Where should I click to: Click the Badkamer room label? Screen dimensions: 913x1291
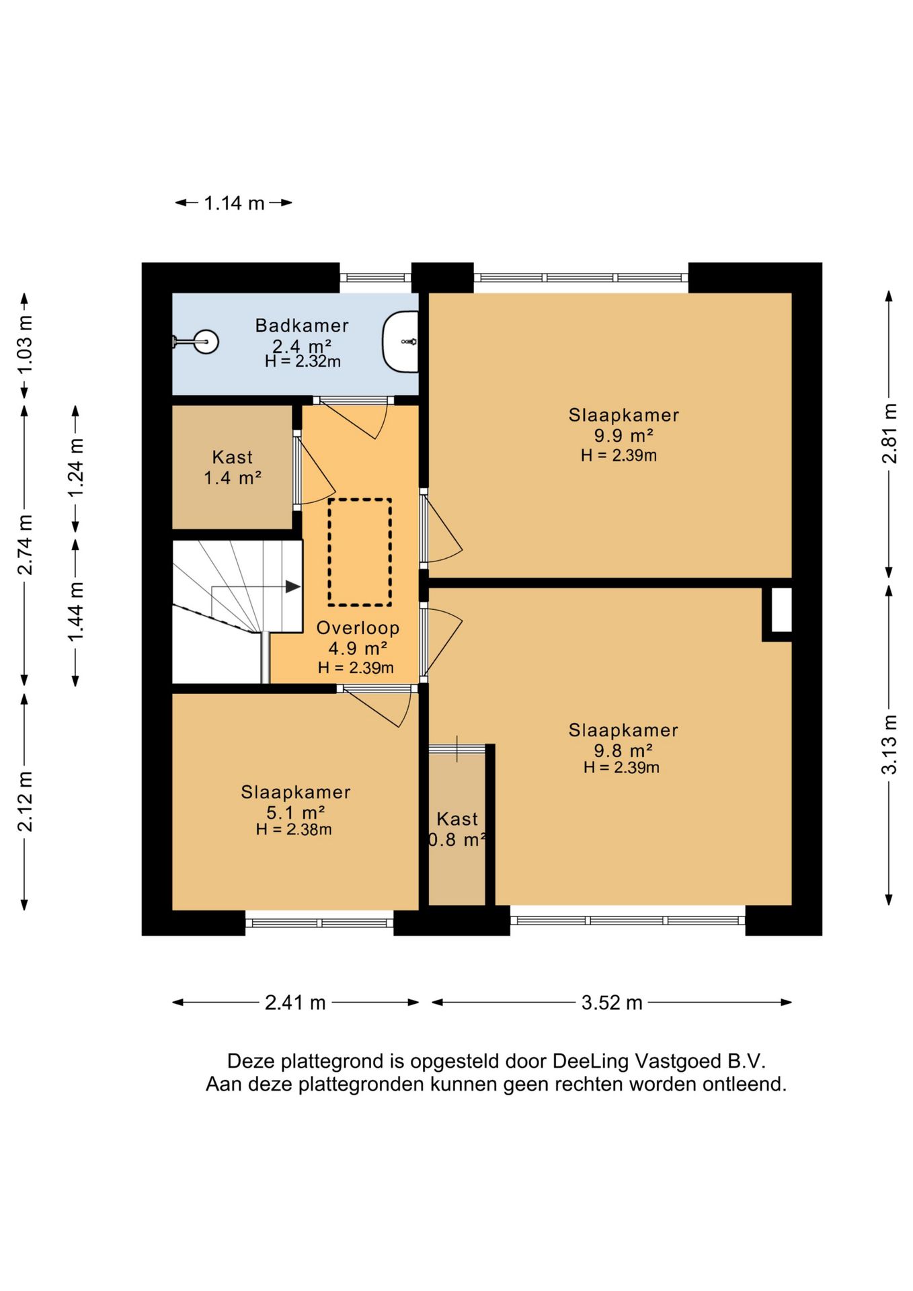pos(302,325)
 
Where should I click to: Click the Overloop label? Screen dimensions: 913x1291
pos(358,628)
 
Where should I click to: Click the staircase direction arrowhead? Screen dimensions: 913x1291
pos(293,586)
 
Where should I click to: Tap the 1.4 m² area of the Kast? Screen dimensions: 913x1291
pos(233,478)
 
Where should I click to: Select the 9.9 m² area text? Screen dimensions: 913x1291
pos(623,436)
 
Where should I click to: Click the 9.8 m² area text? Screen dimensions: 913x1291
pos(623,750)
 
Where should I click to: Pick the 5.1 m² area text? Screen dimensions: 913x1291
pos(296,812)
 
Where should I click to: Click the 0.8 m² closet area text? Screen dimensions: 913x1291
pos(457,840)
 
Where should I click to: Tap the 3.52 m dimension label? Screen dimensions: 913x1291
pos(612,1003)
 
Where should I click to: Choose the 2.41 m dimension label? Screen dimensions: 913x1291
pos(295,1003)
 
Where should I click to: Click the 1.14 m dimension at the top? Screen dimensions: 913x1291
pos(234,203)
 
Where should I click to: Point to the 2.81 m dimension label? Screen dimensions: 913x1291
pos(889,433)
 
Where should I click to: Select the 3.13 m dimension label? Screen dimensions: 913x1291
pos(889,744)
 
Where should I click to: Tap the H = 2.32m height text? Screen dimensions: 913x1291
pos(303,362)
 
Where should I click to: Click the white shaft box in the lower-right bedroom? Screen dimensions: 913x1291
pos(781,610)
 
